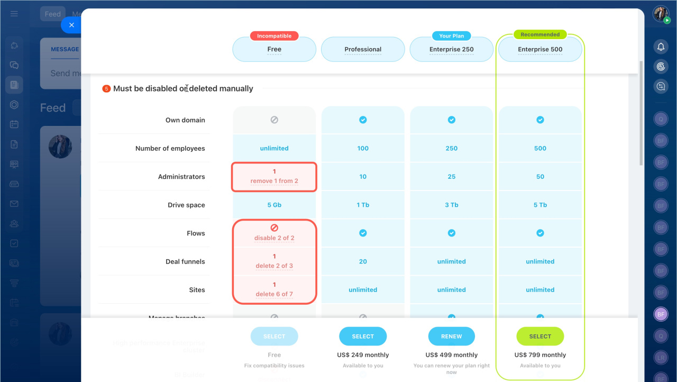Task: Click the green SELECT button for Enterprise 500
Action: point(540,336)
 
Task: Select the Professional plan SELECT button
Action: point(363,336)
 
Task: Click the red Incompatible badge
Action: point(274,36)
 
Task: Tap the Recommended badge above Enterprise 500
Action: point(540,34)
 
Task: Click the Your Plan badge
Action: point(452,36)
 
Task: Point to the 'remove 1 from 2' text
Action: point(274,181)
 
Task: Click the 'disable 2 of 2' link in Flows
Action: point(274,238)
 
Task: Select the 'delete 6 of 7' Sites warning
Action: point(274,294)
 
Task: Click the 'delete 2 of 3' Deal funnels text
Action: point(274,266)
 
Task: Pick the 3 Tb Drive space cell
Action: point(452,205)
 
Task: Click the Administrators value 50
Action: point(540,177)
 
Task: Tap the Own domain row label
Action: point(185,120)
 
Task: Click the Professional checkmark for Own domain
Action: point(363,120)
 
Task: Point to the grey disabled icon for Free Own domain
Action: point(274,120)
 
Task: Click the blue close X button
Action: point(71,25)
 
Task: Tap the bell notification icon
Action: point(661,47)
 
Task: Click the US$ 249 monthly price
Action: point(363,355)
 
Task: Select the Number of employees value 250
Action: point(452,148)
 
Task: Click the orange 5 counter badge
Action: point(106,89)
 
